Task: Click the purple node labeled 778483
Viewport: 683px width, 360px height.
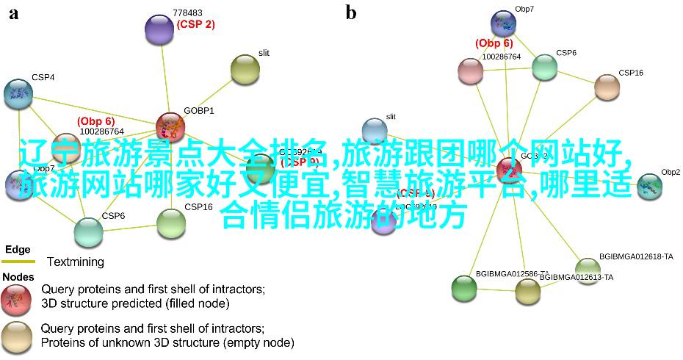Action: click(x=159, y=29)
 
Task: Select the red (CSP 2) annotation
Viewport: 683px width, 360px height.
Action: click(x=195, y=24)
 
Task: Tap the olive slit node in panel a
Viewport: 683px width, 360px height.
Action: click(x=245, y=69)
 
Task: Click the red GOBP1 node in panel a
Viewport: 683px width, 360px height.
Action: click(x=170, y=126)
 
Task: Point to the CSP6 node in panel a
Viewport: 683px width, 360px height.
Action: click(x=88, y=231)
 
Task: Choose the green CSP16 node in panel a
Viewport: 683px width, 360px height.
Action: click(x=171, y=223)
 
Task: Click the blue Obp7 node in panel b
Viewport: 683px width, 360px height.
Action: click(x=504, y=24)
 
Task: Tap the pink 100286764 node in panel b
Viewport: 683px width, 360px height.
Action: click(x=471, y=71)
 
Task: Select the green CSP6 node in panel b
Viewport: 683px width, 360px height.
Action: click(x=544, y=67)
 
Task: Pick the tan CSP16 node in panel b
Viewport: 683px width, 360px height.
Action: click(x=607, y=87)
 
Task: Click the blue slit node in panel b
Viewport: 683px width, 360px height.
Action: click(x=375, y=130)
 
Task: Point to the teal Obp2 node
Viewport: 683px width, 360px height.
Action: click(x=649, y=186)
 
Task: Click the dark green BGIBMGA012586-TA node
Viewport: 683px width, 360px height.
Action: click(x=464, y=287)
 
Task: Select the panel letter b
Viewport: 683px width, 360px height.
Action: click(x=351, y=12)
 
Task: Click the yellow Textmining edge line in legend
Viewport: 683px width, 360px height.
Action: click(x=18, y=262)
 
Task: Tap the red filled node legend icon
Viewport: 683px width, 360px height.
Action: click(x=16, y=296)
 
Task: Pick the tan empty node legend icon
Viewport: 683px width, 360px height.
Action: click(x=16, y=335)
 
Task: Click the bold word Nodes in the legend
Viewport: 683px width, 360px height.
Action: click(x=18, y=277)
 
